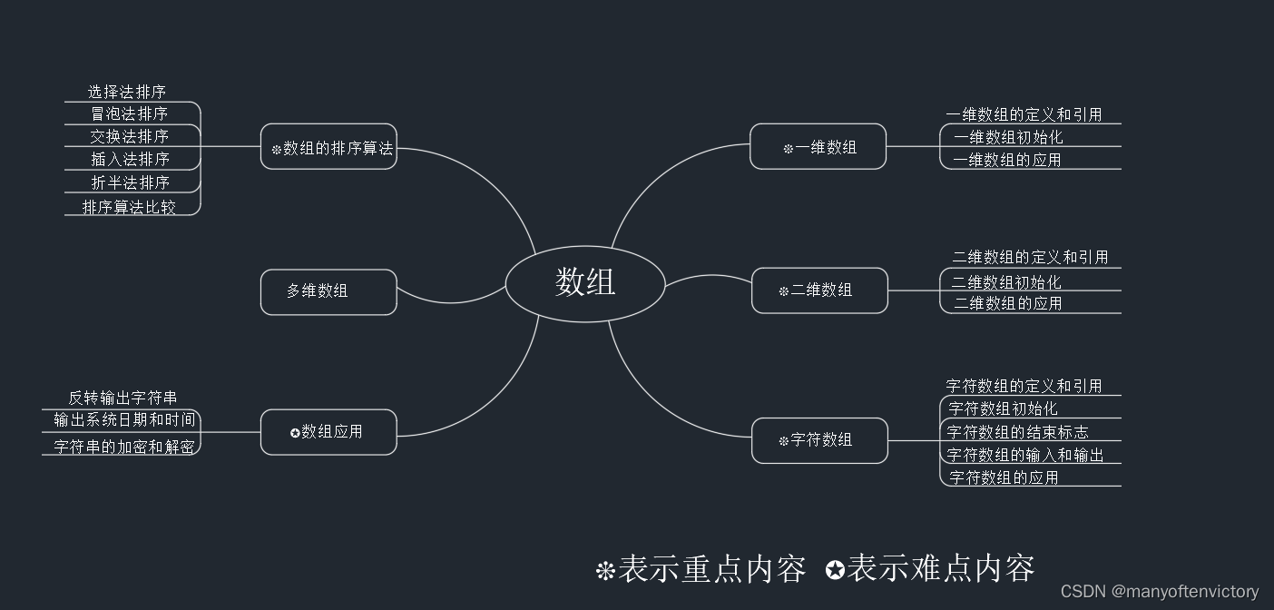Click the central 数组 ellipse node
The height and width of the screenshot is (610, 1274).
(585, 283)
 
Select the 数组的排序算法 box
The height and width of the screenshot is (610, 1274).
(328, 147)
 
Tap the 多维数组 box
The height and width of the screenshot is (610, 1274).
(328, 291)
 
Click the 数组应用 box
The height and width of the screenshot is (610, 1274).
(328, 432)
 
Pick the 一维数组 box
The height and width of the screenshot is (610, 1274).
(818, 147)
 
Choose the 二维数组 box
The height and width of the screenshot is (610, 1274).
(819, 290)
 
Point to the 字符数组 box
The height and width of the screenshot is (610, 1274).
(819, 440)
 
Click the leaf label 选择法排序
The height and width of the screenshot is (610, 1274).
(127, 92)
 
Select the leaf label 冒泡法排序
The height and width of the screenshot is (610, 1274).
(129, 113)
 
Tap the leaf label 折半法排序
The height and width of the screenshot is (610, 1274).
(130, 182)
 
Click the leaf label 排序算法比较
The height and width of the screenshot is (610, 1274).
(129, 207)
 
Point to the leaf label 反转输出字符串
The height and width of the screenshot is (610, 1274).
(122, 398)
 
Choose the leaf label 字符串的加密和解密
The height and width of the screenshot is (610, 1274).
(123, 447)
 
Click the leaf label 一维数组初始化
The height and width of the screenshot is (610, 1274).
(1008, 137)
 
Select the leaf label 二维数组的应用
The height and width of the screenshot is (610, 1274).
(1007, 303)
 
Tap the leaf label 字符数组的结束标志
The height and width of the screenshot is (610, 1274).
(1017, 432)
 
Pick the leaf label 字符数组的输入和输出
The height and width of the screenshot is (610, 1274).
(1025, 455)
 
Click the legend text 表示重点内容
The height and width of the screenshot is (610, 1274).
(712, 569)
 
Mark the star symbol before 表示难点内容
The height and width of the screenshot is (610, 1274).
(835, 570)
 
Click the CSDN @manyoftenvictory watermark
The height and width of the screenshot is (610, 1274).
(1160, 591)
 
